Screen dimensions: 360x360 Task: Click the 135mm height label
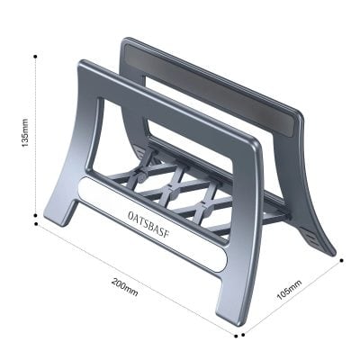pos(26,136)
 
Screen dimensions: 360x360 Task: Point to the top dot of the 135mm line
pos(35,56)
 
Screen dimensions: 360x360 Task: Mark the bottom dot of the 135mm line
pos(35,216)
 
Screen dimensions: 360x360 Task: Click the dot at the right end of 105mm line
pos(342,262)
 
